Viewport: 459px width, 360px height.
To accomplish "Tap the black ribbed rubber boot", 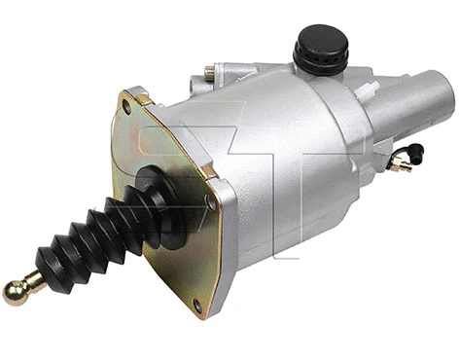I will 83,243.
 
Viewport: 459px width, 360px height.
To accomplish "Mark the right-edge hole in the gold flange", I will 211,201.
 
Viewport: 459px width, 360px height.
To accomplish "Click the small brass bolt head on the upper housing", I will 210,72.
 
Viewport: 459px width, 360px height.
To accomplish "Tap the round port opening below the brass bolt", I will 227,90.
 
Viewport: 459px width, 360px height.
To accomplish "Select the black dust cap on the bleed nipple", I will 416,152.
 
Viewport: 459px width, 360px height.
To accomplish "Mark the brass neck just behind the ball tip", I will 32,281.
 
